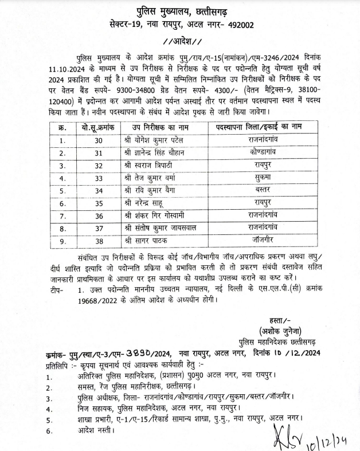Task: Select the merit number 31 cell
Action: pos(99,152)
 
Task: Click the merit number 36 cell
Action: pos(99,216)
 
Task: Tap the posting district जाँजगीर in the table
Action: pos(265,241)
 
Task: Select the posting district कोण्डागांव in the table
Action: pos(265,152)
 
